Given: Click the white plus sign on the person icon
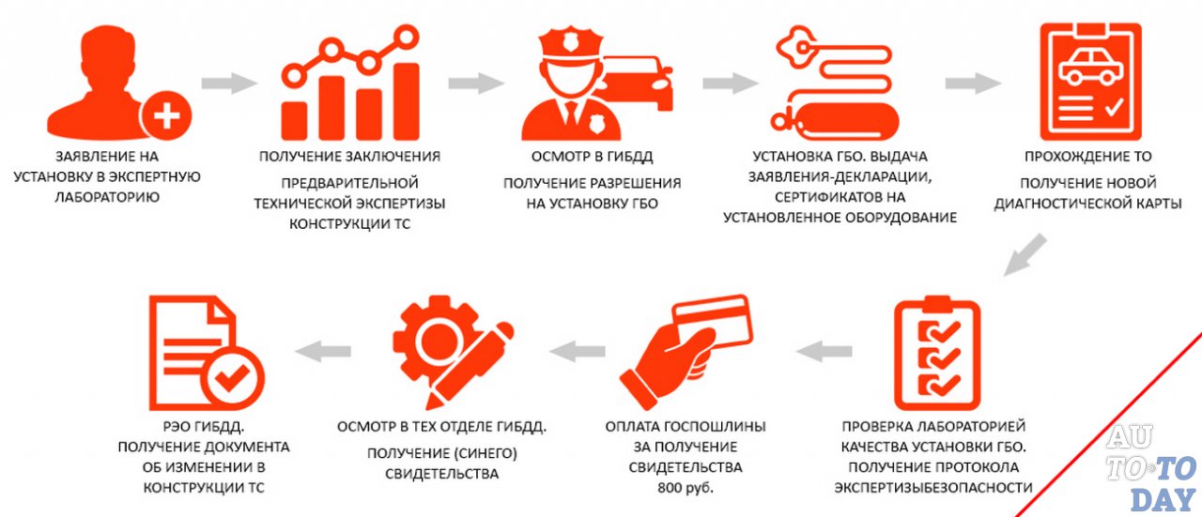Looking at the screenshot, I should click(x=166, y=117).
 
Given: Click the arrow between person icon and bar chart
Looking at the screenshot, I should click(x=228, y=83).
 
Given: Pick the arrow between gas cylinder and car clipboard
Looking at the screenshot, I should click(x=972, y=83).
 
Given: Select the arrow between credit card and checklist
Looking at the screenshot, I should click(x=823, y=352).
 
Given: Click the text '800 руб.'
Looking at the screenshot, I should click(x=686, y=487).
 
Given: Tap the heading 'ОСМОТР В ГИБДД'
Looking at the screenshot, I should click(x=592, y=157).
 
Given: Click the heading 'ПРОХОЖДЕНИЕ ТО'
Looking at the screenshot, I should click(x=1088, y=157).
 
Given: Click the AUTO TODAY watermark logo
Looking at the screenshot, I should click(x=1150, y=469).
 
